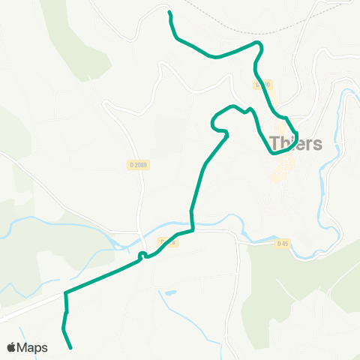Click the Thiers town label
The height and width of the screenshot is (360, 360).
tap(295, 142)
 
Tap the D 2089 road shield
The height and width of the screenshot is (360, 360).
tap(135, 165)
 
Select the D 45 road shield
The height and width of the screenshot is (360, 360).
tap(282, 243)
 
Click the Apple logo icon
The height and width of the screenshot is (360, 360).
tap(11, 347)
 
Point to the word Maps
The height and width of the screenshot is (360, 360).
tap(33, 347)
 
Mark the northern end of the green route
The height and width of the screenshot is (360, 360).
tap(170, 13)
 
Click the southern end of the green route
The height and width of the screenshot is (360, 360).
tap(70, 348)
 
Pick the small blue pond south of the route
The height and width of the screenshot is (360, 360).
tap(172, 292)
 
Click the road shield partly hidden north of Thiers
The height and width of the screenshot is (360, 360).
tap(262, 85)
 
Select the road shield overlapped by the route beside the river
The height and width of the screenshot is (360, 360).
tap(167, 241)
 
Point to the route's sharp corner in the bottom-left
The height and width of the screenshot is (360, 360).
tap(66, 292)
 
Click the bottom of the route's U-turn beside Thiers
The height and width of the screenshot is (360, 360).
tap(277, 152)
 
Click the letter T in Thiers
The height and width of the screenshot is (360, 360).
tap(274, 142)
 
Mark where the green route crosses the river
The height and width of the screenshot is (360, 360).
tap(192, 223)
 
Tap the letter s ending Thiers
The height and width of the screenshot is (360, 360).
tap(317, 143)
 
